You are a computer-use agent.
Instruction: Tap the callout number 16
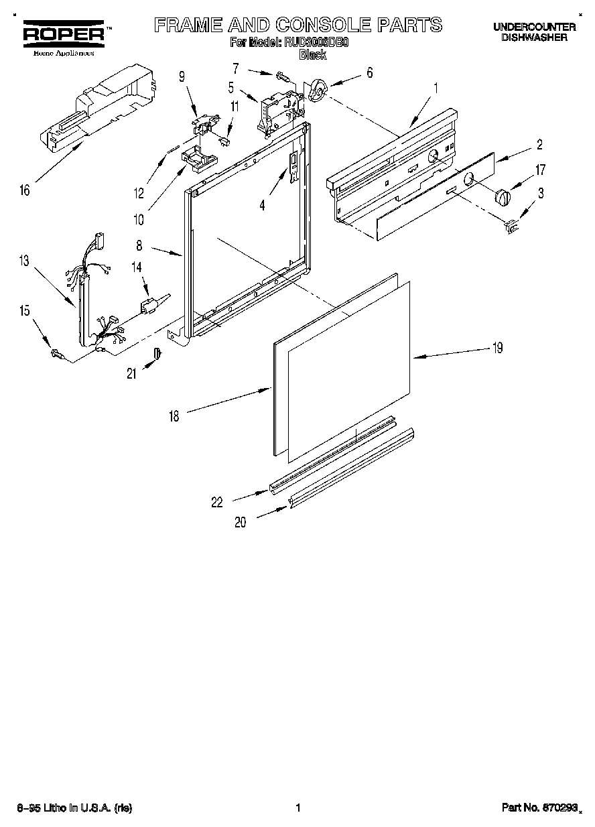[x=25, y=191]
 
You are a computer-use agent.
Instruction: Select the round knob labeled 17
[x=502, y=197]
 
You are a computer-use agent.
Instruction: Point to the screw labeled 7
[x=284, y=77]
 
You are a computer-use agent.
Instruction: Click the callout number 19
[x=497, y=348]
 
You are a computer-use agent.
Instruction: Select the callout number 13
[x=25, y=261]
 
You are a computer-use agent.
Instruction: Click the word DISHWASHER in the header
[x=534, y=38]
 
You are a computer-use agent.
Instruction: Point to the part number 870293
[x=558, y=808]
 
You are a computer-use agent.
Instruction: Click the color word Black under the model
[x=312, y=56]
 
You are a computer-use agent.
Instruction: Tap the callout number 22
[x=217, y=501]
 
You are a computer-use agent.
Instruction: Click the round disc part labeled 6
[x=317, y=90]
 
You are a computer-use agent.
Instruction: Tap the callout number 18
[x=174, y=416]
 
